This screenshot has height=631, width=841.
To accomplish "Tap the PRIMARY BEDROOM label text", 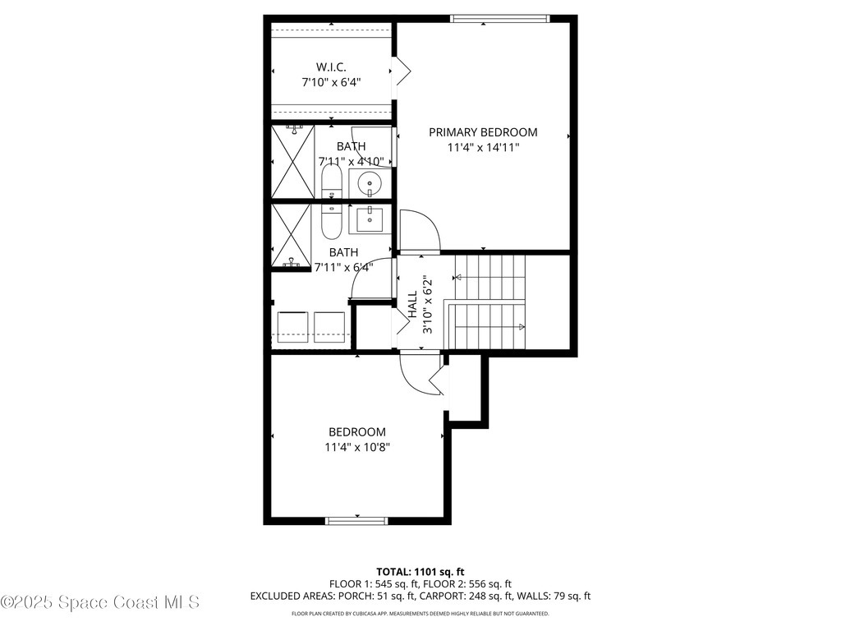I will [483, 132].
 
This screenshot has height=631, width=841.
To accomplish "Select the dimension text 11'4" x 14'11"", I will [483, 148].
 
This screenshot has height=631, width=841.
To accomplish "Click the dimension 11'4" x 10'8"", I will [356, 448].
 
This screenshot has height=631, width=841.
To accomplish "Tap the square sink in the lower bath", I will [369, 219].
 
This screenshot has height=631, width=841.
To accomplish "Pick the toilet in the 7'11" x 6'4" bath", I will [331, 219].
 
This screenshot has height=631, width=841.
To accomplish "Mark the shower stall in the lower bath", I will [292, 237].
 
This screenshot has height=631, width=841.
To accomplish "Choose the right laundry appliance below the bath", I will [330, 326].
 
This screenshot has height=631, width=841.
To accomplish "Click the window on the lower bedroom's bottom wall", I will [357, 520].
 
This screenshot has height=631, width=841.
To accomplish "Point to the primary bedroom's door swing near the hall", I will [419, 231].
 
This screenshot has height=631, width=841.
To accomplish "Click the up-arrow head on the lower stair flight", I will [522, 327].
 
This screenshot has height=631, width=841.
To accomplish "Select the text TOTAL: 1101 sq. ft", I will [420, 571].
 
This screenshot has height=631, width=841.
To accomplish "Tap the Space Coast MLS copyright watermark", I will [99, 602].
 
